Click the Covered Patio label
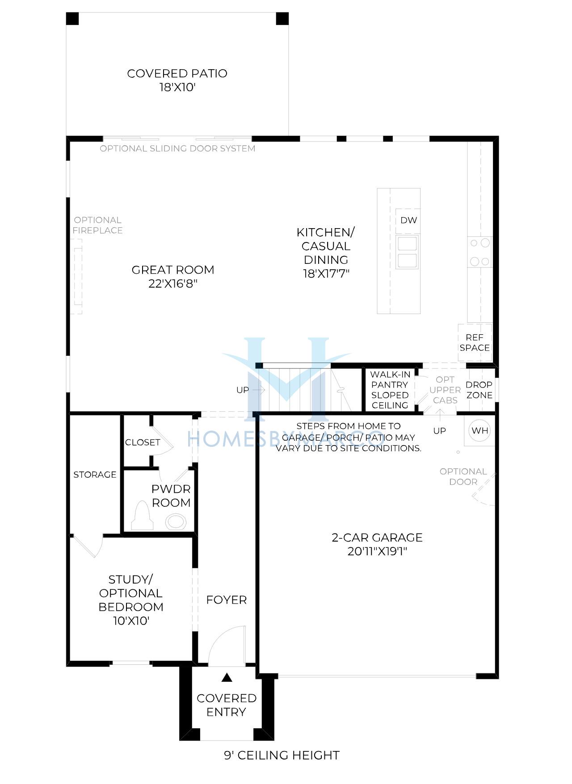(x=177, y=80)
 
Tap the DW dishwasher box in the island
(x=408, y=220)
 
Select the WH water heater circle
(x=479, y=430)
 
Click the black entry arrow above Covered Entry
(x=227, y=678)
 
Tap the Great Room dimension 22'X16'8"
(x=173, y=284)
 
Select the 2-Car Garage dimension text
(x=377, y=551)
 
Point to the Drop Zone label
(x=479, y=390)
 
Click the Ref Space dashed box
(x=475, y=342)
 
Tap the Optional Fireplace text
(x=97, y=225)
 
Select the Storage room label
(x=95, y=475)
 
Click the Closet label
(x=143, y=442)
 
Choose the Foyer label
(x=226, y=600)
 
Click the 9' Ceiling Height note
(x=282, y=755)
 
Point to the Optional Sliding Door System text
(x=177, y=148)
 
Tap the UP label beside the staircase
(x=243, y=390)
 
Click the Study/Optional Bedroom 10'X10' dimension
(x=131, y=621)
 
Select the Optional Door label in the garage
(x=463, y=476)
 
